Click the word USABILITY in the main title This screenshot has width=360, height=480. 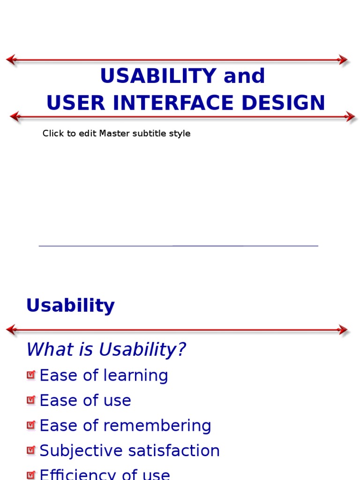[158, 76]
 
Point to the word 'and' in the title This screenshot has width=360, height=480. [244, 76]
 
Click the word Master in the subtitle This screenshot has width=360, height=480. [112, 134]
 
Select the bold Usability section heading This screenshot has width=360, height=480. [70, 306]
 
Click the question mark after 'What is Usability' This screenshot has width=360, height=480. [182, 350]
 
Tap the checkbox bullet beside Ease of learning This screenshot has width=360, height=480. [31, 375]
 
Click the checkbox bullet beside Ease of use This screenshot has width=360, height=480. [31, 400]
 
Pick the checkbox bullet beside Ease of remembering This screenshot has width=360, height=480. [31, 425]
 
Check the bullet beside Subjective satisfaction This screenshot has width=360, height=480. [31, 450]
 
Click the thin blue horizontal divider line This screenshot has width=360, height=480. [178, 246]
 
